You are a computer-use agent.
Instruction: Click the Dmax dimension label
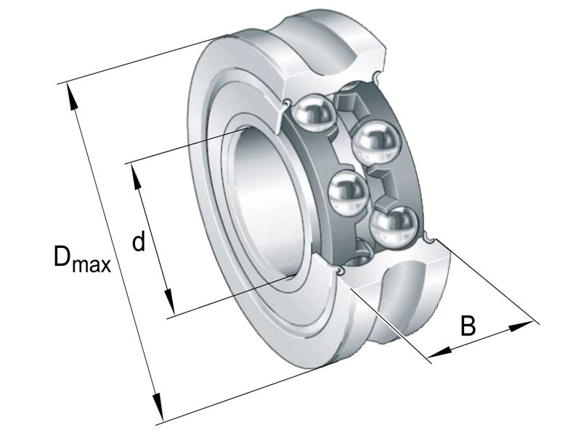81,260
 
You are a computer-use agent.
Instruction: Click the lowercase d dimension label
138,241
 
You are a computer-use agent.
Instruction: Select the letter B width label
468,326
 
